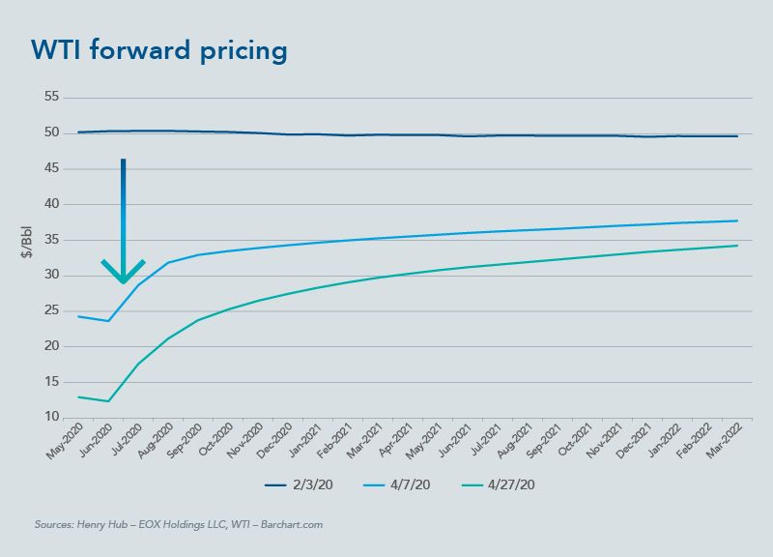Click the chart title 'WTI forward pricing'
pyautogui.click(x=159, y=50)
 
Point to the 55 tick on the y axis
pyautogui.click(x=51, y=98)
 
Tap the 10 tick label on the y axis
pyautogui.click(x=51, y=418)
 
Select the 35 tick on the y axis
pyautogui.click(x=51, y=240)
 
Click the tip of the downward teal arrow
pyautogui.click(x=124, y=282)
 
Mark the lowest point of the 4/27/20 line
pyautogui.click(x=109, y=401)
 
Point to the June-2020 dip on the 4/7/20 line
pyautogui.click(x=109, y=320)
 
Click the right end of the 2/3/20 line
pyautogui.click(x=738, y=136)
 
